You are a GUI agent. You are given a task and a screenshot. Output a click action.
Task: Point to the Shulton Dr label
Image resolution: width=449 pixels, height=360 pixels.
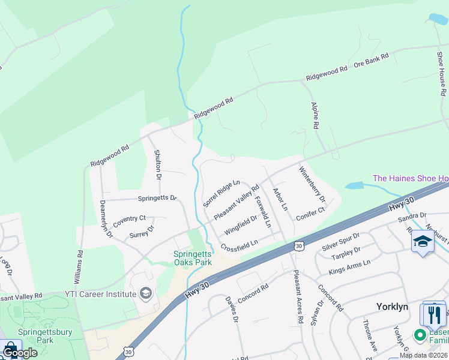[x=158, y=164]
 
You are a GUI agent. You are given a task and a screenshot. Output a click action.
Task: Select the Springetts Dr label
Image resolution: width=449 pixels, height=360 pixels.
[x=157, y=197]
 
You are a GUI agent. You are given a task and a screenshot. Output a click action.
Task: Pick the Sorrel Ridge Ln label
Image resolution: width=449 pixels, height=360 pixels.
[x=221, y=191]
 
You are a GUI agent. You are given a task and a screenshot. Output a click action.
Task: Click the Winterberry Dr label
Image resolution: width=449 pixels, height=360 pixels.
[x=312, y=184]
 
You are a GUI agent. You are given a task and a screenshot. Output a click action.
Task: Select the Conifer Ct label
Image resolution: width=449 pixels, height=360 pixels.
[x=311, y=211]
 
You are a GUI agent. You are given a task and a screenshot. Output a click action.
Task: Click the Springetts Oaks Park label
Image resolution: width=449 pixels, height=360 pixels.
[x=193, y=258]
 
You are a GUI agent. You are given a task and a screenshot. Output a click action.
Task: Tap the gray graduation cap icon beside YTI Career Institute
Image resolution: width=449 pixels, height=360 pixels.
[x=145, y=293]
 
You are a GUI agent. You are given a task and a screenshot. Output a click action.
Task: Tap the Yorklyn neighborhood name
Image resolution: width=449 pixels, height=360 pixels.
[x=392, y=307]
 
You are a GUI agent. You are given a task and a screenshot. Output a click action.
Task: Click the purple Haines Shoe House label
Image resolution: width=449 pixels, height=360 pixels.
[x=411, y=178]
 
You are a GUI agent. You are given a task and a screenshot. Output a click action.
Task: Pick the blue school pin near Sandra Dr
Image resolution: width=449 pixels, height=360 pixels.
[x=423, y=242]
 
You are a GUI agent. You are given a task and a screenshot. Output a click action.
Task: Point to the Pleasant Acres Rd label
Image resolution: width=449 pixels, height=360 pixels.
[x=297, y=296]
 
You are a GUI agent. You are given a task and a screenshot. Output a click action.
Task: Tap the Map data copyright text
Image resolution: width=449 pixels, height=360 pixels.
[x=423, y=355]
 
